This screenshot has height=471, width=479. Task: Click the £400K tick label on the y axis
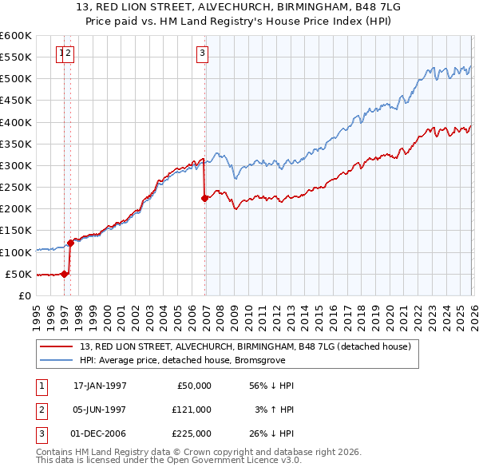(16, 122)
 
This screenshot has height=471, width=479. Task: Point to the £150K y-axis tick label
(16, 231)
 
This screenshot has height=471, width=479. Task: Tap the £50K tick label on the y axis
(19, 274)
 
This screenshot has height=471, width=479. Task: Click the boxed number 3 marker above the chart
(203, 53)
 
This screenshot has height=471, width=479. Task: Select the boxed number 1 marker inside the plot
(61, 53)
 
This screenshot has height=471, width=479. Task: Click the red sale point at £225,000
(204, 198)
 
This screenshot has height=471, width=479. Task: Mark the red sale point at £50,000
(65, 274)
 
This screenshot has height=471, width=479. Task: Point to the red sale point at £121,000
(70, 243)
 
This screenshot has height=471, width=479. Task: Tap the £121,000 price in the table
(192, 410)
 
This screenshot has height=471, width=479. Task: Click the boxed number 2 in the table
(41, 410)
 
